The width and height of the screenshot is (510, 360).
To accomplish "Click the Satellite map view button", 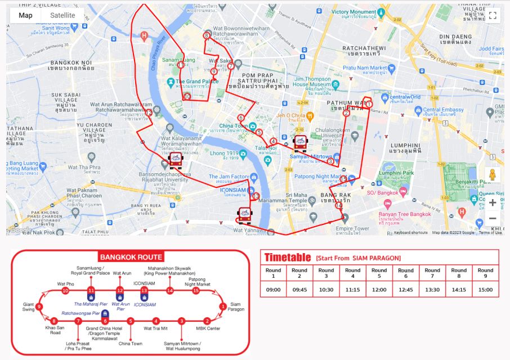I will tap(62, 15).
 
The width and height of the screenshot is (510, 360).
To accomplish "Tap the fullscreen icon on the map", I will tap(492, 16).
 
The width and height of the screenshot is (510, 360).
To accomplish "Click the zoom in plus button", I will tap(493, 202).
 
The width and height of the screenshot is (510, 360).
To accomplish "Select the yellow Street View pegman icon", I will tap(493, 174).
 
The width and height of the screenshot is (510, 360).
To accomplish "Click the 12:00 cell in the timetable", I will tap(379, 290).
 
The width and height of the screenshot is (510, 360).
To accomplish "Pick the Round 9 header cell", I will tap(485, 273).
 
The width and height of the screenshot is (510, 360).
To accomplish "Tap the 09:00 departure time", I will tap(273, 290).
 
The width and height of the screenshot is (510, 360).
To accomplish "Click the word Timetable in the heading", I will tap(288, 258).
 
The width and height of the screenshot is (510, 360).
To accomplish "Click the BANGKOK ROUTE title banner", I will tap(131, 257).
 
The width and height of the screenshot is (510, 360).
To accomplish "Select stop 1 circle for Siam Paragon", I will tap(223, 307).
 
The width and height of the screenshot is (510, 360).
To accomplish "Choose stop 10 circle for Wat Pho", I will tap(65, 291).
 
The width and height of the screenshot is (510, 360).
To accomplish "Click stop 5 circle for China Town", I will tap(130, 321).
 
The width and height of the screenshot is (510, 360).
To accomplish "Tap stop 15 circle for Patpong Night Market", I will tap(196, 291).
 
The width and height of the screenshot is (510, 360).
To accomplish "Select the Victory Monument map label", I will tap(356, 11).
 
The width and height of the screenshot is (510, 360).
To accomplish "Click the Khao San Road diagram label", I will tap(55, 330).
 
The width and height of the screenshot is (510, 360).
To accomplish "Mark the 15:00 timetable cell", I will tap(485, 290).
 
